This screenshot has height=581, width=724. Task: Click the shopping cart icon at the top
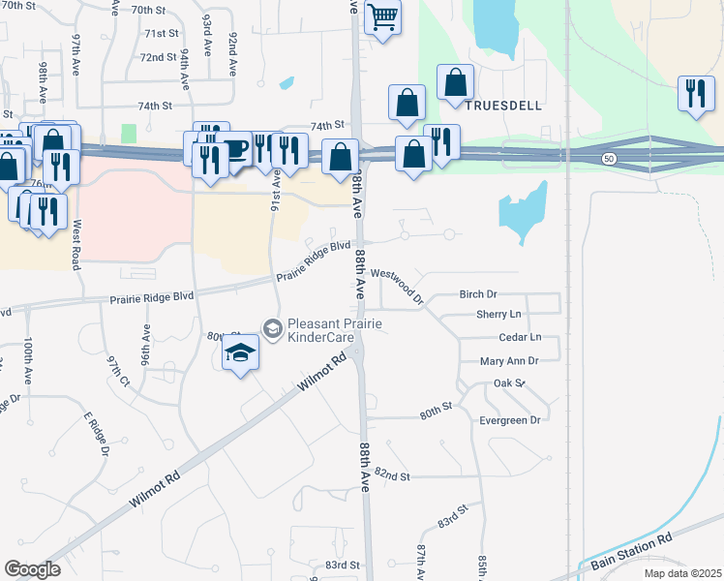(383, 16)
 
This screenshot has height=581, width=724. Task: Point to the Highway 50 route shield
(608, 157)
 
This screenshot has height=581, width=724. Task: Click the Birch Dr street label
(478, 293)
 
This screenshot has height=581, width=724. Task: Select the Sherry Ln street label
(498, 315)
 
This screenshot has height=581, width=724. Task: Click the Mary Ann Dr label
(508, 360)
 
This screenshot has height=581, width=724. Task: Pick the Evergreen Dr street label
(509, 419)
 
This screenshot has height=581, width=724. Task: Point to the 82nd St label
(393, 476)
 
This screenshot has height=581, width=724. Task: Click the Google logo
(33, 568)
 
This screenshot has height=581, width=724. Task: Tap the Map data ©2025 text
(682, 573)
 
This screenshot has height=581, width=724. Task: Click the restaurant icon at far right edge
(696, 94)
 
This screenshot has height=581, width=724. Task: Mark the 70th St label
(150, 9)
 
